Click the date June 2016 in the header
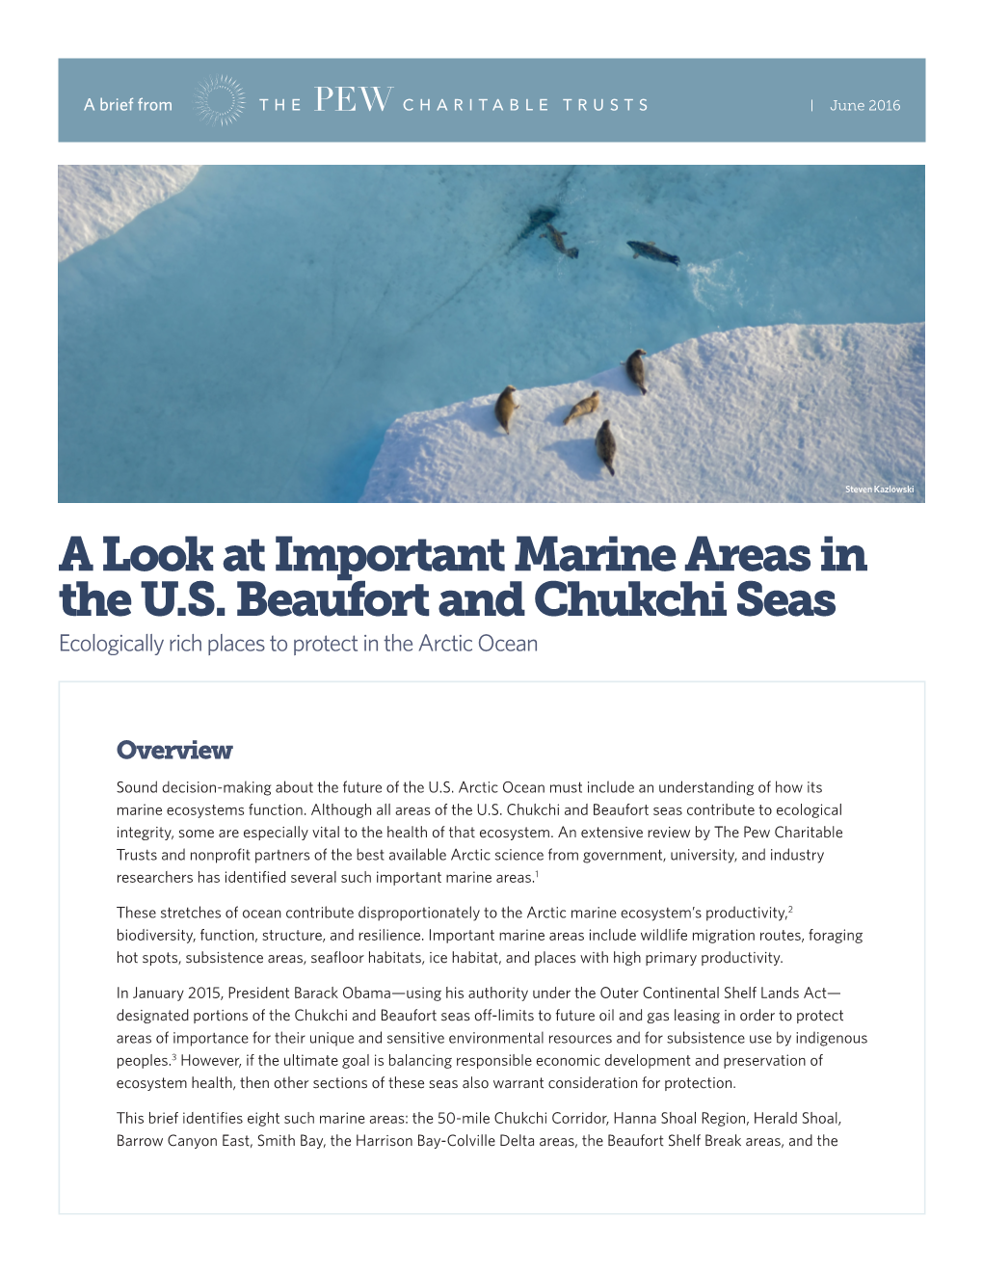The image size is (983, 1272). [x=864, y=105]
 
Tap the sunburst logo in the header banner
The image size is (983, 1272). [x=219, y=101]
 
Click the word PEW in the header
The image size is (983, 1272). [x=353, y=101]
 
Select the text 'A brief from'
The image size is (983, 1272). [x=128, y=105]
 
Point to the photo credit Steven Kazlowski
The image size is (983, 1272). [x=879, y=490]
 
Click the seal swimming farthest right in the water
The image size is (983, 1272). [x=653, y=253]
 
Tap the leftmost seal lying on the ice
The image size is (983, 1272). [x=506, y=408]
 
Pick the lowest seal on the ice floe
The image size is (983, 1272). [x=605, y=446]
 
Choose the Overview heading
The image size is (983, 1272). [x=174, y=750]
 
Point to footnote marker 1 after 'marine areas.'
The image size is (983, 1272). [x=537, y=874]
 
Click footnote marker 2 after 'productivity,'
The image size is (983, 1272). [x=790, y=909]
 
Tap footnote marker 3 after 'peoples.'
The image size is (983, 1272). [x=174, y=1057]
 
